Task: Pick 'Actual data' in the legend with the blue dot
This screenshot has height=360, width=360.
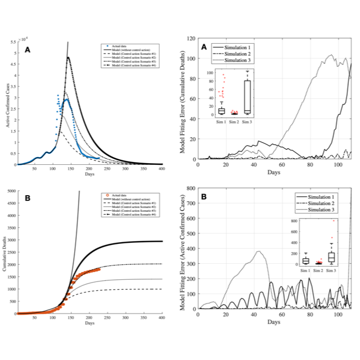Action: click(119, 45)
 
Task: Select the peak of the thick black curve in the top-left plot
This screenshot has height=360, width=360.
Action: click(67, 58)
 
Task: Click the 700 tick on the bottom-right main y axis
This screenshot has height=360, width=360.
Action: click(191, 204)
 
